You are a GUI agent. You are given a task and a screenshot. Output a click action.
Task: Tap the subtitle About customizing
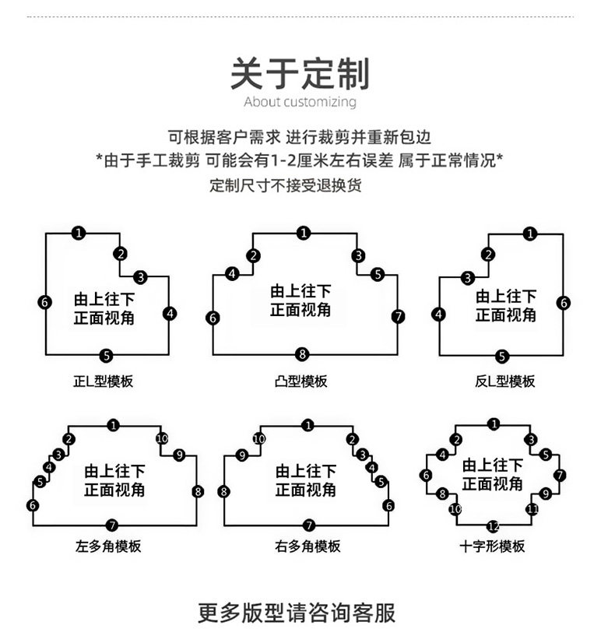300,102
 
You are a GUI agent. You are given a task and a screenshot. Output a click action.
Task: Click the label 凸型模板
301,381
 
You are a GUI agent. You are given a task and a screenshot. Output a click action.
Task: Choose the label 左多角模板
113,546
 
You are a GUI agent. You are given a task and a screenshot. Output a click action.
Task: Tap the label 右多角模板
308,546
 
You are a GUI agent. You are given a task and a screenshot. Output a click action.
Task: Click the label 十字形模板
492,546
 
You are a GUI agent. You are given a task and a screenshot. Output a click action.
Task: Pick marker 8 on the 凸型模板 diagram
303,354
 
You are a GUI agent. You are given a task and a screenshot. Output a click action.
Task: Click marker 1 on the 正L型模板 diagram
79,232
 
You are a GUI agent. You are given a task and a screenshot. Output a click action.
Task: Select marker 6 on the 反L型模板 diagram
564,303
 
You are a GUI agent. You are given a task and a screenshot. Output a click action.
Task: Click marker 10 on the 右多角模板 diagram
259,439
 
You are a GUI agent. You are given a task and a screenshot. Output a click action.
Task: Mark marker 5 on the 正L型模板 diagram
107,356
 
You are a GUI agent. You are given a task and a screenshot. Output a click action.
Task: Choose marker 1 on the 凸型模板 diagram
303,232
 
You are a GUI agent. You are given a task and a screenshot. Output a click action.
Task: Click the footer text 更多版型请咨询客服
297,612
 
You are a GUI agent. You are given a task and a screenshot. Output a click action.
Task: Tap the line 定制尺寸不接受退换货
286,186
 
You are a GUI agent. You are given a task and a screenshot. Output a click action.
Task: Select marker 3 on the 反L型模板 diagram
467,278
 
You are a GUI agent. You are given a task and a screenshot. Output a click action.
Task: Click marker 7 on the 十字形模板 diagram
560,475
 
